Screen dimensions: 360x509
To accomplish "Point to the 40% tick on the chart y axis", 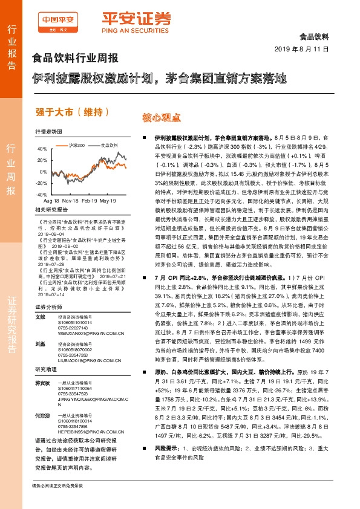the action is pos(42,148).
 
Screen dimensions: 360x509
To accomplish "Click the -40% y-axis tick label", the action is pos(41,195).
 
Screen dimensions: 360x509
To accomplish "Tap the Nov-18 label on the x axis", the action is pos(71,200).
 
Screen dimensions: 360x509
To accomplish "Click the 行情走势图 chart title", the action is pos(49,131).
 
